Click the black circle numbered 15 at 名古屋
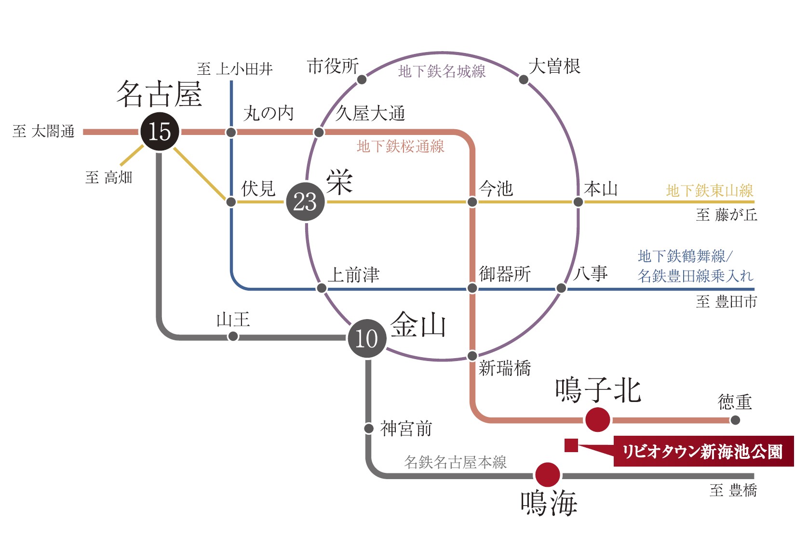coord(160,132)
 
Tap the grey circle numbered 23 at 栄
coord(305,202)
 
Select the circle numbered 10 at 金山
coord(367,338)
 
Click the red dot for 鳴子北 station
coord(597,419)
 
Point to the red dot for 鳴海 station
coord(547,475)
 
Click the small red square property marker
coord(571,445)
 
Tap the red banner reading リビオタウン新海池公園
coord(703,452)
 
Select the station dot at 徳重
coord(735,420)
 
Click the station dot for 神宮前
coord(369,428)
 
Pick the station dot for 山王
coord(233,336)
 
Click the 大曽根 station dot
coord(524,80)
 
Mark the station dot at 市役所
coord(362,80)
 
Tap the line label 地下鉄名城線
coord(442,72)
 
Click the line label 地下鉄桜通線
coord(400,147)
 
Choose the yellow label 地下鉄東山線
coord(709,191)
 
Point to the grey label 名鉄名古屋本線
coord(455,462)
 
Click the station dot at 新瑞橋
coord(472,356)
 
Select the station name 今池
coord(496,188)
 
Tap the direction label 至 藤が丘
coord(726,215)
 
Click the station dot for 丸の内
coord(231,132)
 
